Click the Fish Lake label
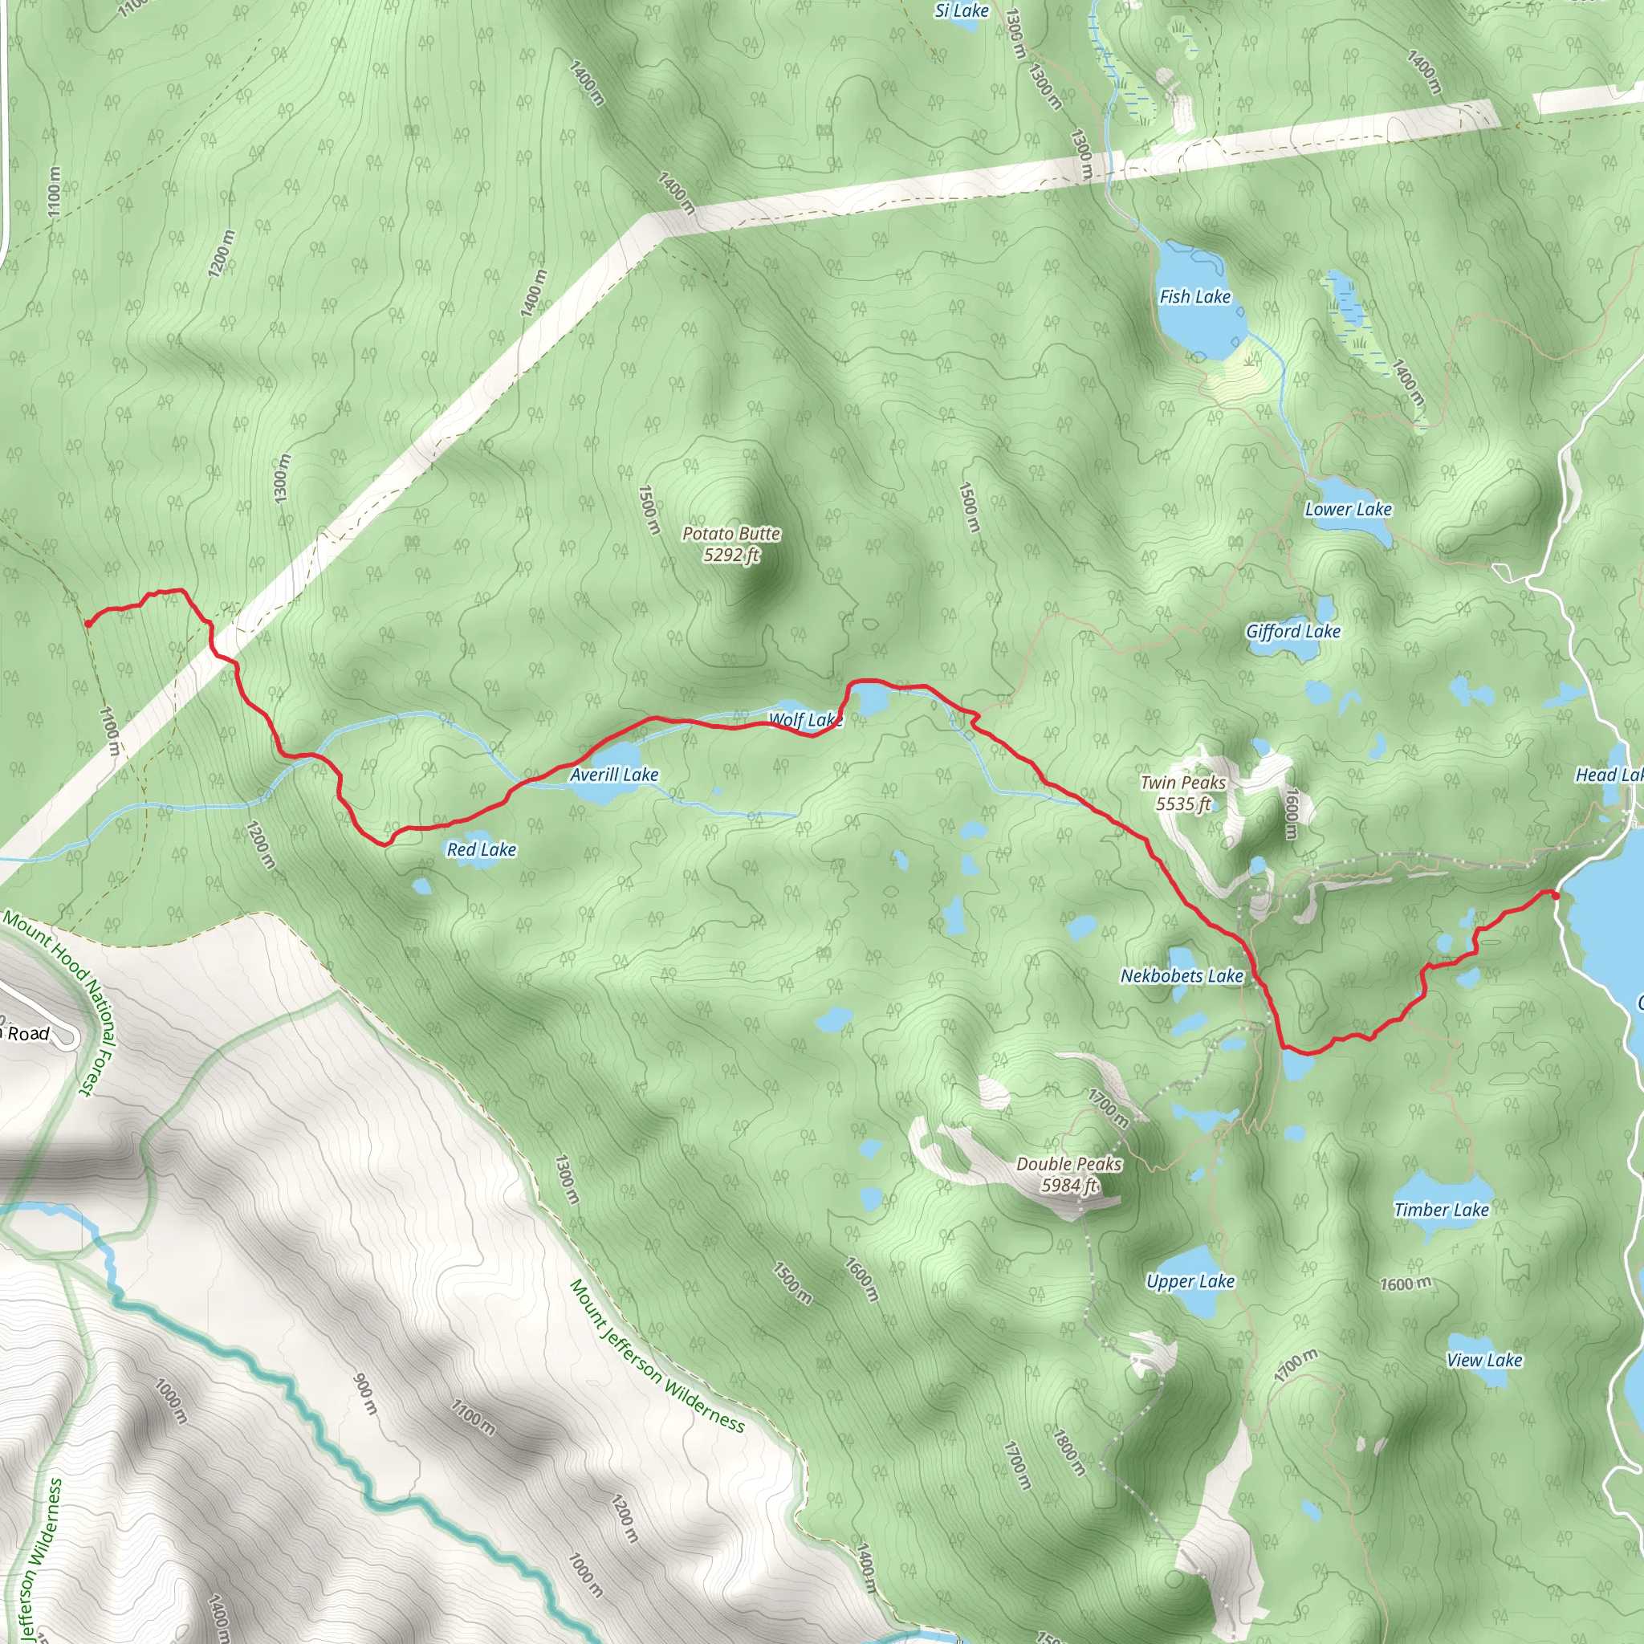pos(1194,297)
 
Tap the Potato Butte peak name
pos(731,543)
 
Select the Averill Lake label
pos(613,775)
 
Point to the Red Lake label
pos(482,849)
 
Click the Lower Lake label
pos(1348,510)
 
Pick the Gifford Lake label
pos(1292,632)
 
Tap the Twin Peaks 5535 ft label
pos(1182,792)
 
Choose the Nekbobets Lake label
pos(1181,976)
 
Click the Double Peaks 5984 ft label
pos(1068,1174)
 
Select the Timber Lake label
pos(1442,1209)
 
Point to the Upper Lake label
pos(1190,1280)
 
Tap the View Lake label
pos(1484,1360)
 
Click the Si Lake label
pos(962,11)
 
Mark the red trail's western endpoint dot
pos(87,624)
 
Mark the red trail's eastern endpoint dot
pos(1555,895)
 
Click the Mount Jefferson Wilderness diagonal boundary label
pos(657,1357)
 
